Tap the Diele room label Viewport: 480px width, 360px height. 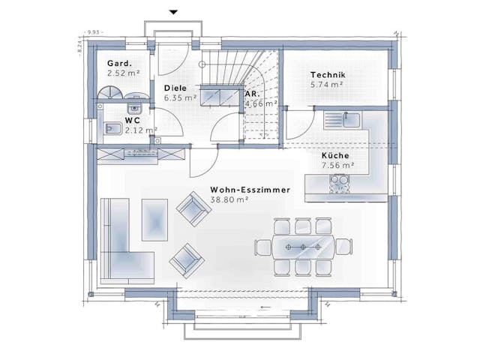pyautogui.click(x=177, y=88)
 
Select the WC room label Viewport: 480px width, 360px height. pyautogui.click(x=133, y=120)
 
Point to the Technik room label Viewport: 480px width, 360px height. pyautogui.click(x=328, y=76)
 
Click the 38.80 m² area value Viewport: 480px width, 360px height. pyautogui.click(x=229, y=200)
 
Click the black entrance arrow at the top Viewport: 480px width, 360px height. pyautogui.click(x=173, y=12)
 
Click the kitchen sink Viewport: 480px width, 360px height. pyautogui.click(x=349, y=119)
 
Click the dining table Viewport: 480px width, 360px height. pyautogui.click(x=303, y=246)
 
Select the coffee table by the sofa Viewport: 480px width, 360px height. pyautogui.click(x=155, y=220)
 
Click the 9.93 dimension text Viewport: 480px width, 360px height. pyautogui.click(x=94, y=32)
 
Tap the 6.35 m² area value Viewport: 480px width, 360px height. pyautogui.click(x=180, y=97)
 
